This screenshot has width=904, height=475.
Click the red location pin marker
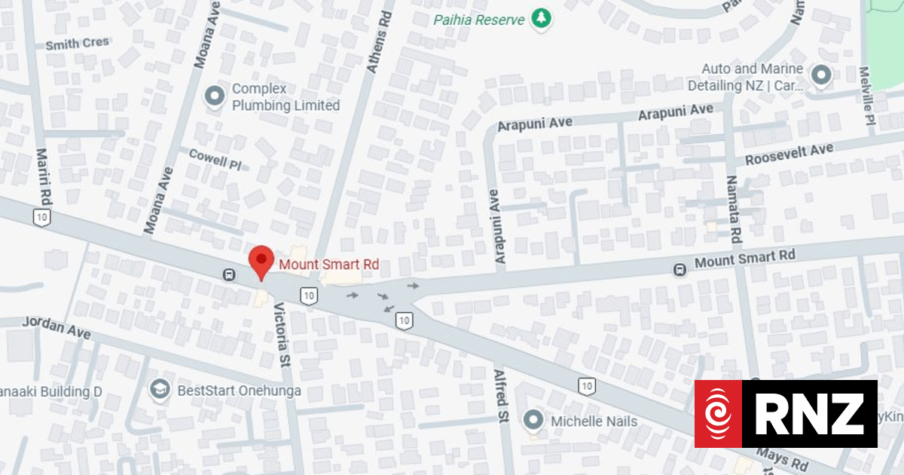261,262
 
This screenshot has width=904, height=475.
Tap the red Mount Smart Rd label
329,265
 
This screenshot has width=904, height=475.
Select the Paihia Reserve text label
479,19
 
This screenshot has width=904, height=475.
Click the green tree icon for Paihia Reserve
541,18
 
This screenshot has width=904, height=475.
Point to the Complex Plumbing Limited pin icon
215,97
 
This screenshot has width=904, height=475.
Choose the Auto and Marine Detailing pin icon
820,75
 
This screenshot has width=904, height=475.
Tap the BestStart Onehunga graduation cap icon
160,390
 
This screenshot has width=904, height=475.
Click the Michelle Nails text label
594,421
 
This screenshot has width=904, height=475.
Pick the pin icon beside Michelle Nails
534,420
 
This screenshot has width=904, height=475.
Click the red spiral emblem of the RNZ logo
718,413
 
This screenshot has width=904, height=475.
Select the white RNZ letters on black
810,413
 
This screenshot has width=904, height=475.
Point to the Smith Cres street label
77,44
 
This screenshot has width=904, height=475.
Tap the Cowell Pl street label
215,159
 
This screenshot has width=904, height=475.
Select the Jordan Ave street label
56,328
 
